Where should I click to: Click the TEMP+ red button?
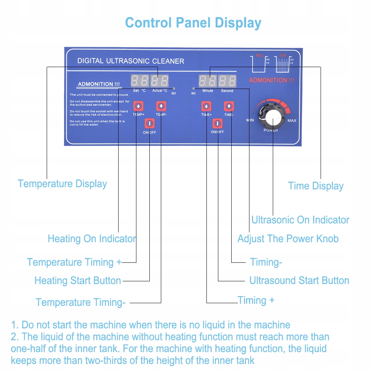click(x=138, y=106)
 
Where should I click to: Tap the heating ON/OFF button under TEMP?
click(x=149, y=123)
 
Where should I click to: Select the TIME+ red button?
click(x=206, y=106)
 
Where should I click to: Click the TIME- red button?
click(x=229, y=106)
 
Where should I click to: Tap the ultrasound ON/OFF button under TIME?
click(x=218, y=123)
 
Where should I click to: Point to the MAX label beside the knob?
click(x=292, y=120)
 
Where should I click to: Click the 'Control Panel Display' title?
click(x=193, y=23)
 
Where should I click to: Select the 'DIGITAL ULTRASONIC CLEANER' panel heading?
click(x=130, y=61)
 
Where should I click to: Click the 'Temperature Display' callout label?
click(x=62, y=184)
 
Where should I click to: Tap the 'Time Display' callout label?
click(x=316, y=186)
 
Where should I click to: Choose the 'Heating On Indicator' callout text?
click(x=92, y=239)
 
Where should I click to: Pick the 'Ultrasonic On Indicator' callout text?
click(x=300, y=220)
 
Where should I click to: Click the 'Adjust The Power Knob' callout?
click(x=288, y=239)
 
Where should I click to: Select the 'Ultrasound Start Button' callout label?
click(x=299, y=281)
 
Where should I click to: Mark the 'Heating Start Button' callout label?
click(x=78, y=281)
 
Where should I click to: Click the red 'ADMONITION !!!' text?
click(x=272, y=80)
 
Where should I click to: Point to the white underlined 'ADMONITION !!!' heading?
click(x=96, y=84)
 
